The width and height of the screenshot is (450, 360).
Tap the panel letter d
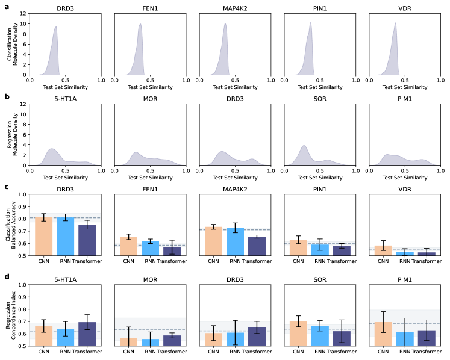pyautogui.click(x=6, y=278)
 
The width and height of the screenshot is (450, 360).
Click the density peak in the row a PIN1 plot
pyautogui.click(x=310, y=23)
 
